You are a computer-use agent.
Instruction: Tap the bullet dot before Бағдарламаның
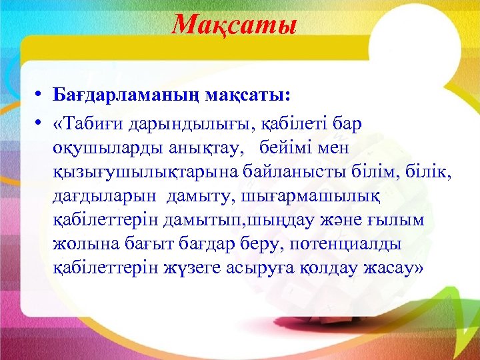point(41,95)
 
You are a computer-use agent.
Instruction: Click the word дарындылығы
point(184,125)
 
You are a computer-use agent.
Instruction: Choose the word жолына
point(85,245)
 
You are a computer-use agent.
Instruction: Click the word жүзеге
point(200,269)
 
